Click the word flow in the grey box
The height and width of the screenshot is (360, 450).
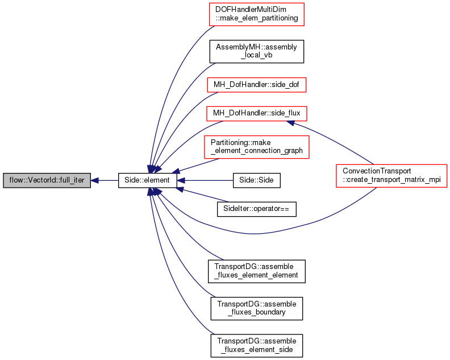pyautogui.click(x=15, y=180)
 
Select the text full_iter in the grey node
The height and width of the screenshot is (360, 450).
pyautogui.click(x=72, y=180)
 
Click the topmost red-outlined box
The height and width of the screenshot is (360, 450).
pyautogui.click(x=257, y=14)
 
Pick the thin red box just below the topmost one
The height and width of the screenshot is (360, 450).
pyautogui.click(x=257, y=85)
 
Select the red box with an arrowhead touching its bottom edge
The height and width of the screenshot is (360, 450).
pyautogui.click(x=257, y=113)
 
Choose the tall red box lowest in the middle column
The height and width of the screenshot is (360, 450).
pyautogui.click(x=257, y=147)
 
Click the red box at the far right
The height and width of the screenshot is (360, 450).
pyautogui.click(x=391, y=176)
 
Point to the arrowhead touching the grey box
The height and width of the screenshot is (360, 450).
pyautogui.click(x=95, y=180)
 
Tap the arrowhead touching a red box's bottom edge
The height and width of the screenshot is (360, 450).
pyautogui.click(x=290, y=122)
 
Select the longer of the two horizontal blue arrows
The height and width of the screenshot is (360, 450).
pyautogui.click(x=210, y=180)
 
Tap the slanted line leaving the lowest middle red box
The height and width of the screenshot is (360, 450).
pyautogui.click(x=196, y=165)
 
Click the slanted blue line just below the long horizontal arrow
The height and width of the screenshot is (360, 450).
pyautogui.click(x=205, y=196)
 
